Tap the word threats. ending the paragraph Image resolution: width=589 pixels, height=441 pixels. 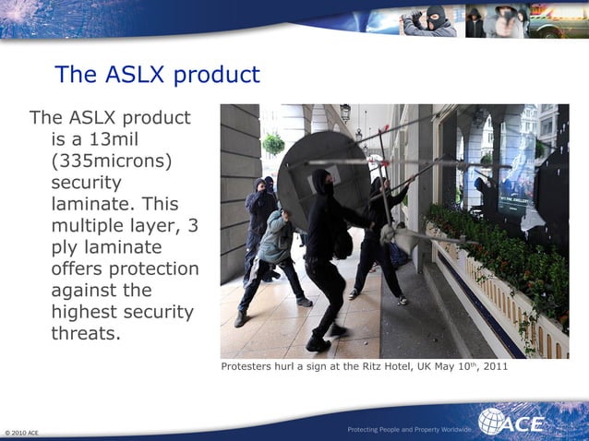tap(86, 333)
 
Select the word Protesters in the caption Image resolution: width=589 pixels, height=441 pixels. tap(245, 367)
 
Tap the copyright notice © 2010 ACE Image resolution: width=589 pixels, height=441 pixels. tap(21, 433)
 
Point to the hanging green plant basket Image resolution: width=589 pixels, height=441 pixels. tap(273, 143)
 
